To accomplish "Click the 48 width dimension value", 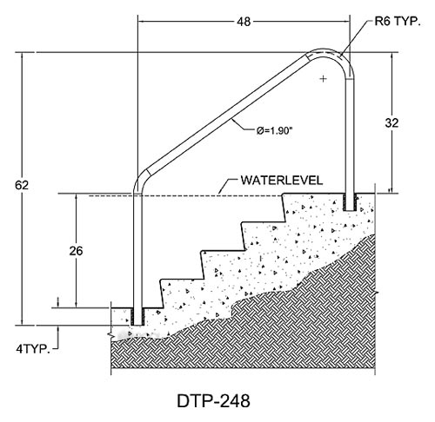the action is (x=244, y=22).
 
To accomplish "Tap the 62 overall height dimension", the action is (x=22, y=185).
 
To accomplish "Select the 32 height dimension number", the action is (x=391, y=123).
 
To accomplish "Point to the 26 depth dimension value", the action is (x=76, y=251).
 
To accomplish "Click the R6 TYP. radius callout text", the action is (x=398, y=22).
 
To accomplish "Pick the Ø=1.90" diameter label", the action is (x=273, y=131).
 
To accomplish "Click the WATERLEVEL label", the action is (x=282, y=181).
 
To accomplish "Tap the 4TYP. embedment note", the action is (x=33, y=349).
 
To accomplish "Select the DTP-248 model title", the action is (x=213, y=401).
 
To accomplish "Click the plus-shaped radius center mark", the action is (x=323, y=78).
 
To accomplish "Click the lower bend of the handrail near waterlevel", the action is (x=139, y=180).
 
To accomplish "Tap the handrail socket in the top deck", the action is (x=350, y=202).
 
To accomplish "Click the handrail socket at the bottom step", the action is (x=137, y=317).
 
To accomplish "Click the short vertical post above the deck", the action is (x=350, y=136).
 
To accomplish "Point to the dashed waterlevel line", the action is (x=185, y=196).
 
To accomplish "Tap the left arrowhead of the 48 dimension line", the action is (x=140, y=21).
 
